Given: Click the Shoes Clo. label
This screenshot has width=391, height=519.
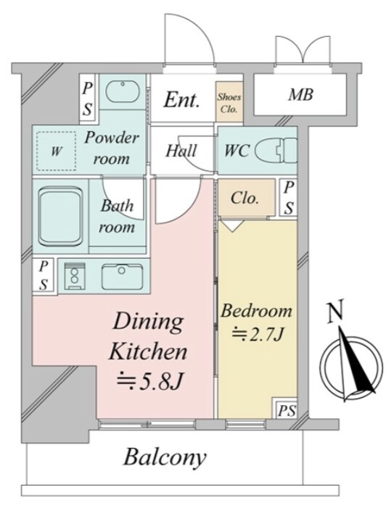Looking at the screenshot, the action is [229, 103].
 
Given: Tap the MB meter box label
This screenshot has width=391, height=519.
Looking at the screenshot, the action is [300, 95].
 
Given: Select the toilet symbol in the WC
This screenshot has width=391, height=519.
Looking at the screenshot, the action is [276, 151].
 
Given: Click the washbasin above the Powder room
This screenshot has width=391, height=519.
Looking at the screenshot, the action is [123, 91].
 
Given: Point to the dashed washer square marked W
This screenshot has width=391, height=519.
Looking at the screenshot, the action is [56, 151].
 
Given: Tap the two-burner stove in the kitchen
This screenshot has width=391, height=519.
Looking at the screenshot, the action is [75, 276].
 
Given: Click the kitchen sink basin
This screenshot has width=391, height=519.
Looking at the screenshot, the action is [123, 277].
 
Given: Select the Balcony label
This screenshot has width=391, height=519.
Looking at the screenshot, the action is [165, 458].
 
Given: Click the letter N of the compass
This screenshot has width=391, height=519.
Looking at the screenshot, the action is [335, 312].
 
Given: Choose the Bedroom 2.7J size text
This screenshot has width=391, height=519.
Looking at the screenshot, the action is [257, 336].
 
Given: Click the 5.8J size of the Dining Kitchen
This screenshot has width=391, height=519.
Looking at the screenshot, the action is [149, 381].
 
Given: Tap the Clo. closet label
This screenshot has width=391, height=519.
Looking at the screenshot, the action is [245, 198].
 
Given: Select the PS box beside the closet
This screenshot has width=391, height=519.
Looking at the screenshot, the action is [289, 198].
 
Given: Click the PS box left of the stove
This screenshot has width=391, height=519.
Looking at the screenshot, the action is [44, 275].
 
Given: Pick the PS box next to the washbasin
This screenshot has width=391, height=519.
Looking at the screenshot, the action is [88, 99].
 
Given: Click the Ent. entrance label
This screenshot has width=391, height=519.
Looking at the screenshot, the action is [182, 99].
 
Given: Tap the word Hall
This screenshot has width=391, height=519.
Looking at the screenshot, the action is [181, 151].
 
